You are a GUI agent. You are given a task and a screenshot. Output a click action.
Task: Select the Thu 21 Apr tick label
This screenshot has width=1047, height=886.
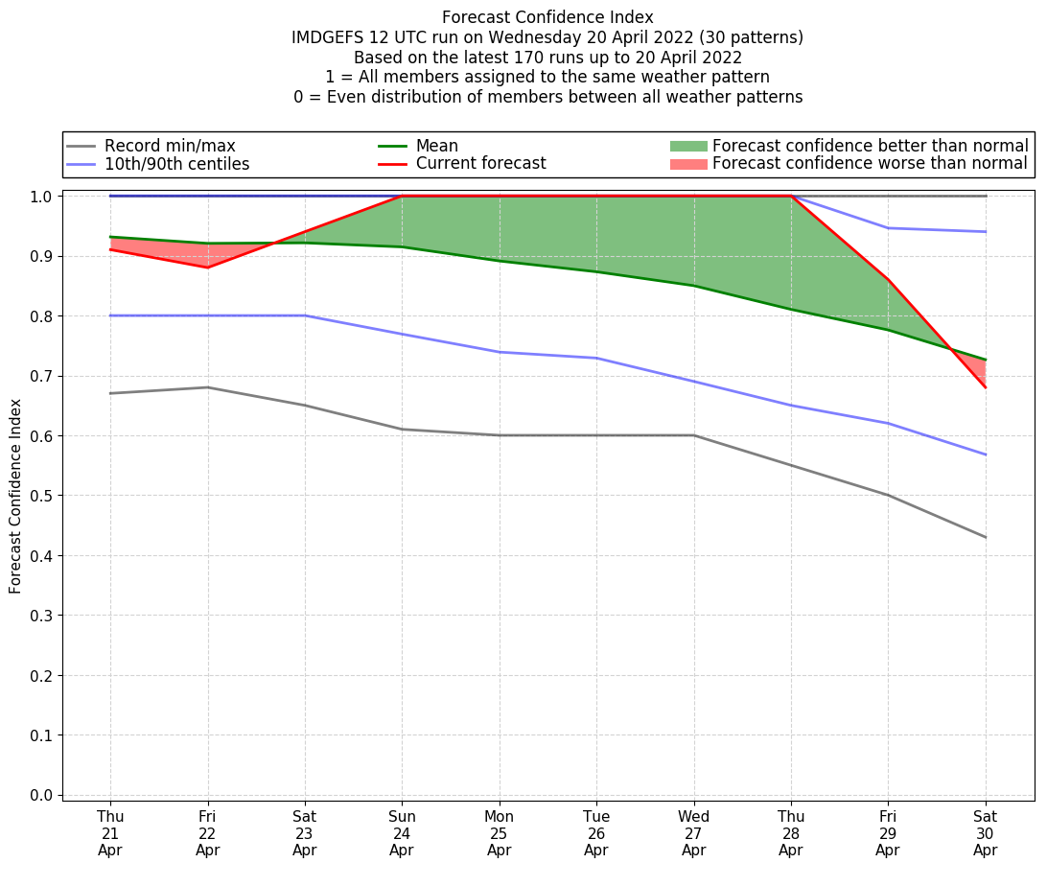pos(110,832)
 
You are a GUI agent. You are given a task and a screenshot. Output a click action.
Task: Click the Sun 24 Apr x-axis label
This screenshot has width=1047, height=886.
pos(402,832)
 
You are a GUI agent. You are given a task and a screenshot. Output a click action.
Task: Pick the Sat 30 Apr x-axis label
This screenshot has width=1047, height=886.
pos(985,832)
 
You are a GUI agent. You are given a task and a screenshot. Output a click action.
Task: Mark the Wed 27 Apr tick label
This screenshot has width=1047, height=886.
pos(693,832)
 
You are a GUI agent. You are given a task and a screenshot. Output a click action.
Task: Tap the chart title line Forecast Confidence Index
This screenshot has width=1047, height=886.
pos(547,17)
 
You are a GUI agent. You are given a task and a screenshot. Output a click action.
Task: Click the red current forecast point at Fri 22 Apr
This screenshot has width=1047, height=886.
pos(207,268)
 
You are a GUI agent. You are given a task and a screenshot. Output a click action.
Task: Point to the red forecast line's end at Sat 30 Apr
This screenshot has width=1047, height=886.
pos(985,387)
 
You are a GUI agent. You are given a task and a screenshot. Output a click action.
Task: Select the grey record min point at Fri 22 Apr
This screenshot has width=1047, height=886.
pos(207,387)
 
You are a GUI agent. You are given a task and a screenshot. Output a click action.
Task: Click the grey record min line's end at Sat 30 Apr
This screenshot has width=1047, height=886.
pos(985,537)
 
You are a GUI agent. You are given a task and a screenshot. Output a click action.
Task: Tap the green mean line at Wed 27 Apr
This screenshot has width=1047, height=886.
pos(693,286)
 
